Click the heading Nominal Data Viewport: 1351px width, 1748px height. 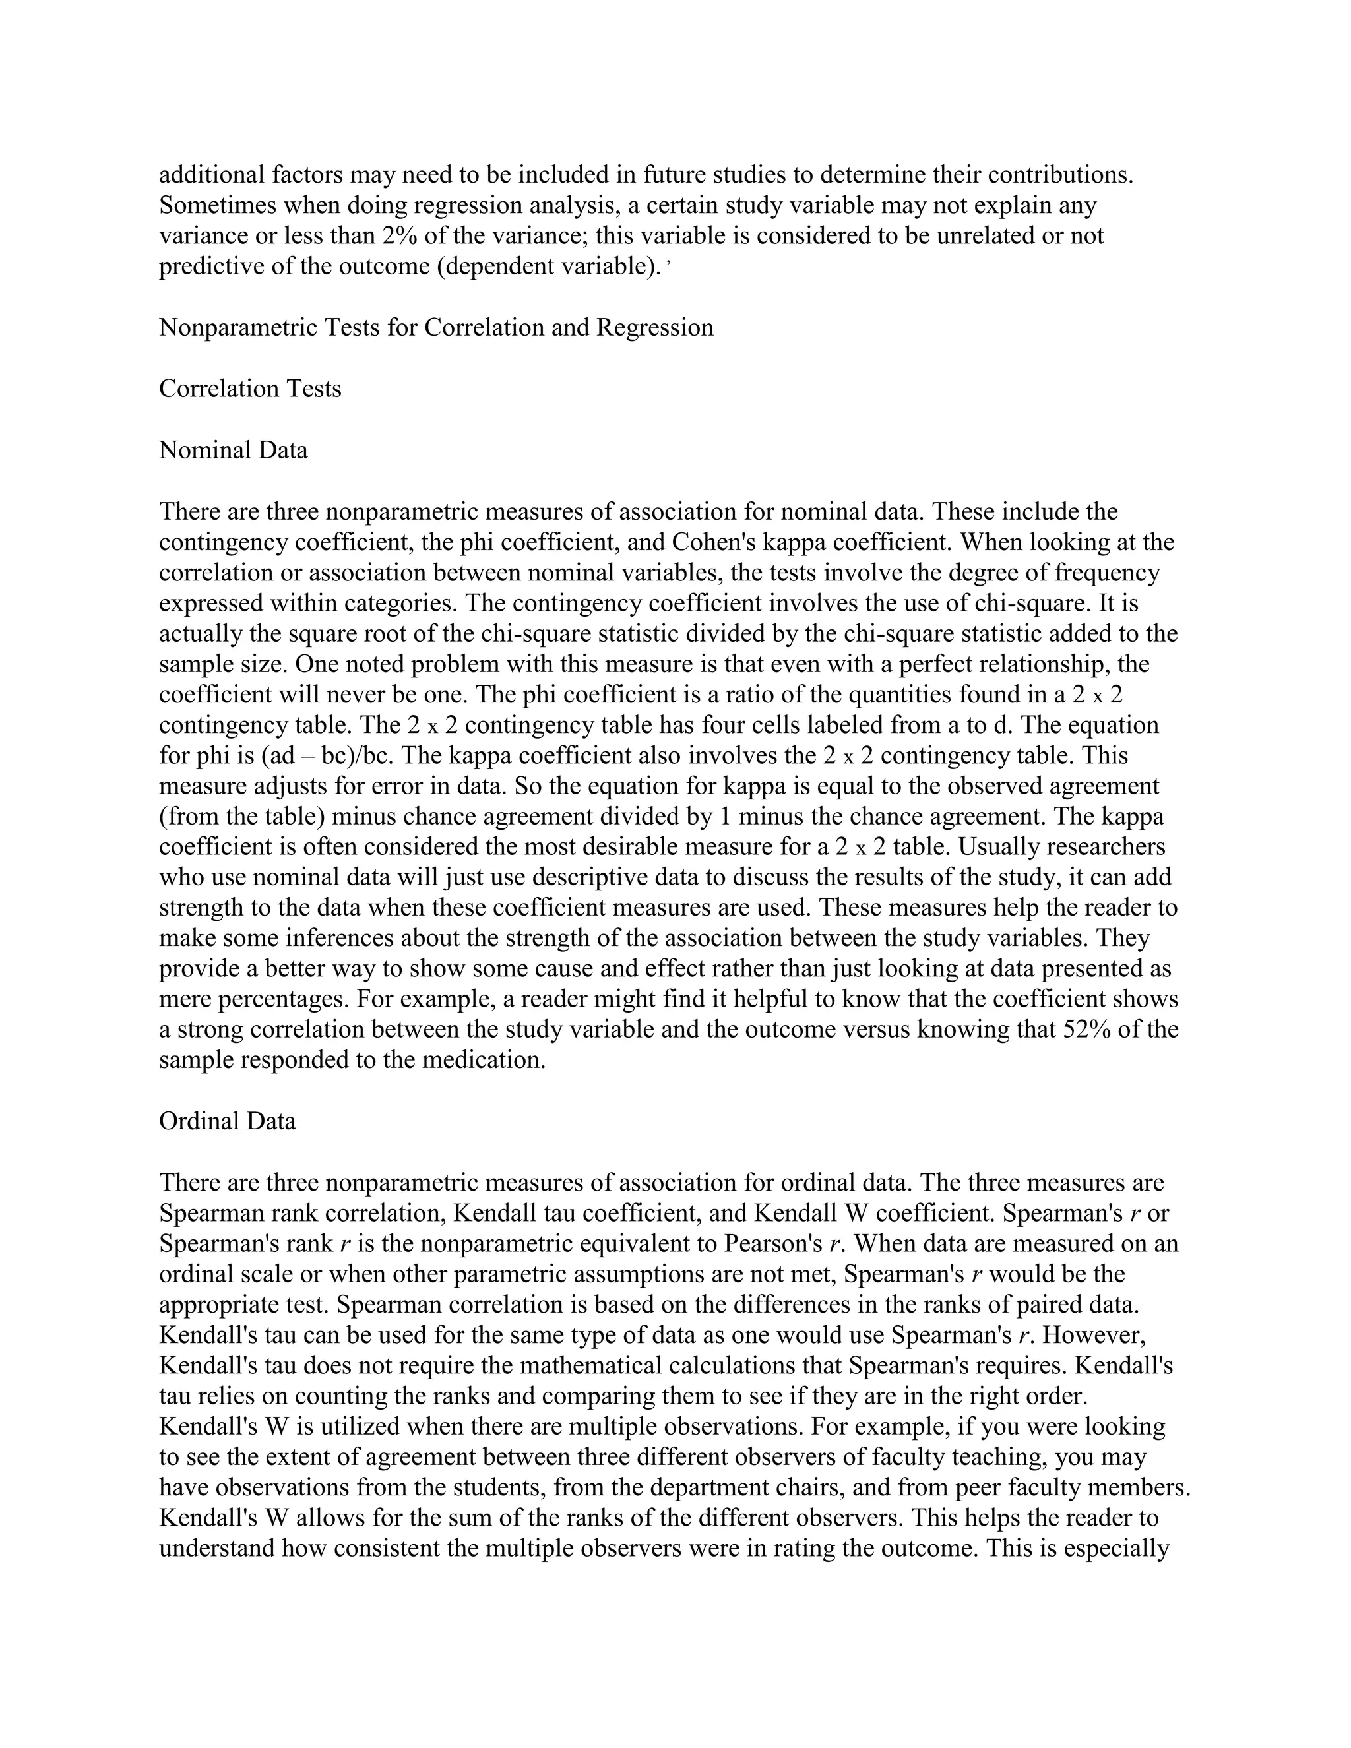(x=233, y=450)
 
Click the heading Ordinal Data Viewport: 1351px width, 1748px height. (x=228, y=1121)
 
